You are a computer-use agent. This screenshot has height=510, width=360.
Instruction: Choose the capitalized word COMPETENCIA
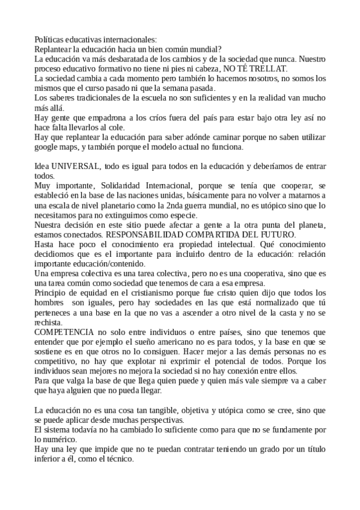pyautogui.click(x=64, y=331)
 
